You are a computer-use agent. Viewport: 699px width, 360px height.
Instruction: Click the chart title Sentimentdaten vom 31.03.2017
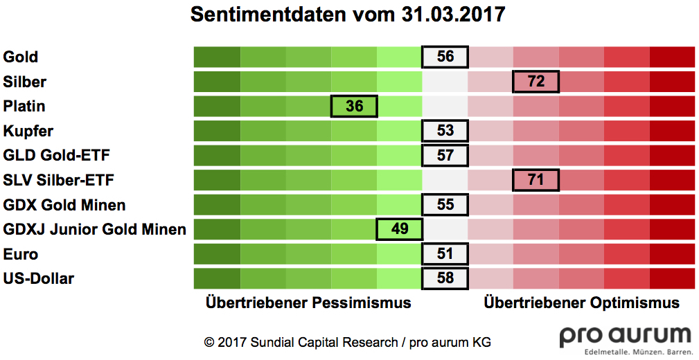pyautogui.click(x=348, y=15)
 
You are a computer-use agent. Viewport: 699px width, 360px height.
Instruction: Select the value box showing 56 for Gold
pyautogui.click(x=445, y=57)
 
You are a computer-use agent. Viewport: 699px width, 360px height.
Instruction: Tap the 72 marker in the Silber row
pyautogui.click(x=536, y=82)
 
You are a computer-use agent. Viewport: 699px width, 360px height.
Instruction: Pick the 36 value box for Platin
pyautogui.click(x=354, y=106)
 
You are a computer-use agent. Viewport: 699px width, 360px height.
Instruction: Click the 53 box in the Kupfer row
pyautogui.click(x=445, y=131)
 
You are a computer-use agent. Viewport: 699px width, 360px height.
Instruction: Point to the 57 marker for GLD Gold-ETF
pyautogui.click(x=445, y=156)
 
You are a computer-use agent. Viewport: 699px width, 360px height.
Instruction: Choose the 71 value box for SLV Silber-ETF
pyautogui.click(x=536, y=180)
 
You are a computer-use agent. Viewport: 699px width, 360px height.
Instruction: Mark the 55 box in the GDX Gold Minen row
pyautogui.click(x=445, y=205)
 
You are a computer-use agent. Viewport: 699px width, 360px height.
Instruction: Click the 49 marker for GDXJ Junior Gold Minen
pyautogui.click(x=399, y=229)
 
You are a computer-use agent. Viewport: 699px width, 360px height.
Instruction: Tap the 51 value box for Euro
pyautogui.click(x=445, y=254)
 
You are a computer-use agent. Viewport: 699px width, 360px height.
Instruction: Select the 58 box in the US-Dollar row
pyautogui.click(x=445, y=278)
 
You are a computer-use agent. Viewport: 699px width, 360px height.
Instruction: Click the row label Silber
pyautogui.click(x=25, y=82)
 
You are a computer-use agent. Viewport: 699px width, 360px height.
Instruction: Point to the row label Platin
pyautogui.click(x=24, y=106)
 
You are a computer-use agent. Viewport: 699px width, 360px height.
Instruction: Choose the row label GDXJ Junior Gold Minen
pyautogui.click(x=95, y=229)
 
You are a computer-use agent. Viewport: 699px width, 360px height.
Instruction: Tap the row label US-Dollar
pyautogui.click(x=39, y=278)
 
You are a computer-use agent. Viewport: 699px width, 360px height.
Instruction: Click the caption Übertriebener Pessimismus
pyautogui.click(x=308, y=303)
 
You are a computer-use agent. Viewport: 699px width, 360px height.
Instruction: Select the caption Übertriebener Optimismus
pyautogui.click(x=582, y=303)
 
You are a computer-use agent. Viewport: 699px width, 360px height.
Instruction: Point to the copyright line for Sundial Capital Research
pyautogui.click(x=347, y=342)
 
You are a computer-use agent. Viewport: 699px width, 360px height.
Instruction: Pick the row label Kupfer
pyautogui.click(x=28, y=131)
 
